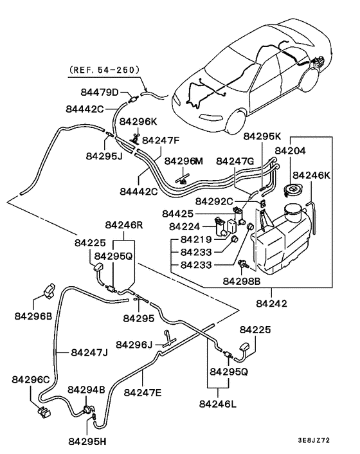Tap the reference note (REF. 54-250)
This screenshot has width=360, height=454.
point(102,69)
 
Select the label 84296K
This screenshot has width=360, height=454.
point(138,121)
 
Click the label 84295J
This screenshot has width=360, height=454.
point(104,155)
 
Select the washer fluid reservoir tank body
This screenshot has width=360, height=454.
point(283,241)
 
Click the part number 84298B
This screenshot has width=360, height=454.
point(242,280)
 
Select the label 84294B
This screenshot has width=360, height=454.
point(86,390)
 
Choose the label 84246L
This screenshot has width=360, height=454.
point(218,404)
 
